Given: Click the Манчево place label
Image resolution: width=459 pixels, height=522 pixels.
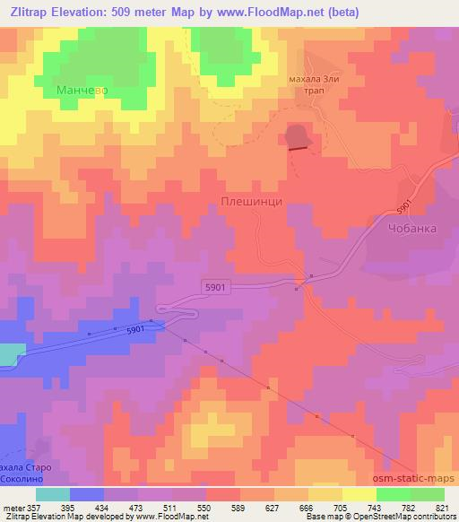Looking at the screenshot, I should [82, 91].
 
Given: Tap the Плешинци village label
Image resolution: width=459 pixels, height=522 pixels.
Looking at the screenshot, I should [251, 203].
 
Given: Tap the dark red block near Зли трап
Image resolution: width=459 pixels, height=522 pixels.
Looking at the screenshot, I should [298, 136].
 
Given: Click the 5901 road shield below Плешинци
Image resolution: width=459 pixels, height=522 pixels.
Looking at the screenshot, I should [214, 286].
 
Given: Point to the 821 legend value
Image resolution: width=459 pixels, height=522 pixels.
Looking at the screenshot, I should [441, 507].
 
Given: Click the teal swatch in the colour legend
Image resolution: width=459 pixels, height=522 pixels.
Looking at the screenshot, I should [53, 494].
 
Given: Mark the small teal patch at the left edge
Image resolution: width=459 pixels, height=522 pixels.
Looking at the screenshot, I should [7, 354].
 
